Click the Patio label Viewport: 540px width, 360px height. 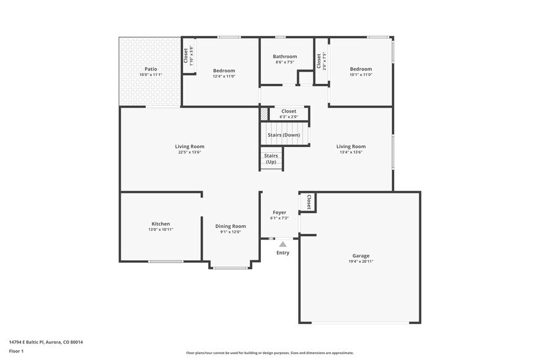pyautogui.click(x=151, y=69)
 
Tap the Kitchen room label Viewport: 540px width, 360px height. pyautogui.click(x=160, y=223)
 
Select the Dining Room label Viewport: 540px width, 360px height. pyautogui.click(x=230, y=226)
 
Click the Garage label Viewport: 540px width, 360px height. pyautogui.click(x=361, y=256)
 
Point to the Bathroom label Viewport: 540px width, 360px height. pyautogui.click(x=285, y=56)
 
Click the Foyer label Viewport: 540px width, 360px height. pyautogui.click(x=279, y=212)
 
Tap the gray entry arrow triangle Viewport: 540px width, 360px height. pyautogui.click(x=283, y=244)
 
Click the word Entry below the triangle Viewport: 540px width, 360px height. pyautogui.click(x=283, y=253)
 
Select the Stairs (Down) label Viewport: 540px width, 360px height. pyautogui.click(x=283, y=135)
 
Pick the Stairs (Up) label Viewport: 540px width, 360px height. pyautogui.click(x=271, y=159)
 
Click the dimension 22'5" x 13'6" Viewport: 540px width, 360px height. pyautogui.click(x=189, y=152)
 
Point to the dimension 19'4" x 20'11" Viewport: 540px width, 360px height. pyautogui.click(x=361, y=261)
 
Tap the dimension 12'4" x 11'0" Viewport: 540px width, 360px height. pyautogui.click(x=223, y=76)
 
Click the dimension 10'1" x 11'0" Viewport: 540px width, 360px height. pyautogui.click(x=361, y=75)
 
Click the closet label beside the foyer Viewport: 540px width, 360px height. pyautogui.click(x=309, y=202)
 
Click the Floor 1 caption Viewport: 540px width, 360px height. pyautogui.click(x=16, y=351)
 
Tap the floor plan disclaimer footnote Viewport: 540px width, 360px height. pyautogui.click(x=269, y=353)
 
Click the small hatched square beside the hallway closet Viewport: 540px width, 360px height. pyautogui.click(x=264, y=113)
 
